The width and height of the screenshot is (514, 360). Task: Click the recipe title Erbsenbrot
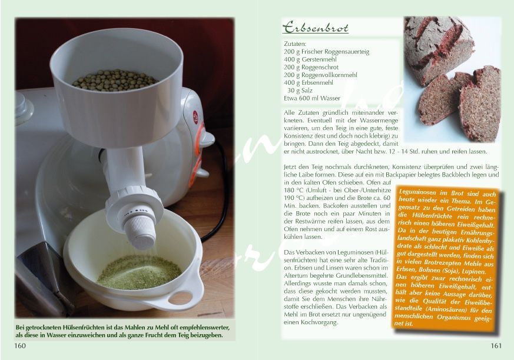tap(316, 28)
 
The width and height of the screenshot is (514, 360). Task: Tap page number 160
tap(19, 345)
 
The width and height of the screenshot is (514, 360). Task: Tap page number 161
tap(496, 345)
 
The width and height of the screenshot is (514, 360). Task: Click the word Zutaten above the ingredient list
tap(295, 44)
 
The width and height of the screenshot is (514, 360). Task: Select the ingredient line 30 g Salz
tap(300, 91)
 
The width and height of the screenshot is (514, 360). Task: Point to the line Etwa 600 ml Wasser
tap(312, 98)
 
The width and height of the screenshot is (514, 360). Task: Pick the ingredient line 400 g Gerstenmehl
tap(310, 59)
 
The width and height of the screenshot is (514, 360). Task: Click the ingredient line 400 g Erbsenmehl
tap(309, 82)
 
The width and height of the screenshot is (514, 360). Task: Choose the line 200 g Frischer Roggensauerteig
tap(327, 51)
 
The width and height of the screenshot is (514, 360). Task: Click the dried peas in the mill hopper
tap(115, 80)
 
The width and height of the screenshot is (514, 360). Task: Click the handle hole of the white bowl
tap(180, 298)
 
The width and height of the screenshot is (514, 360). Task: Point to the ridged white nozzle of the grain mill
tap(140, 231)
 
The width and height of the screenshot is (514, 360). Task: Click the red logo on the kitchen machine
tap(195, 117)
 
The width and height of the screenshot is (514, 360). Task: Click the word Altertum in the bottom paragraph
tap(296, 276)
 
